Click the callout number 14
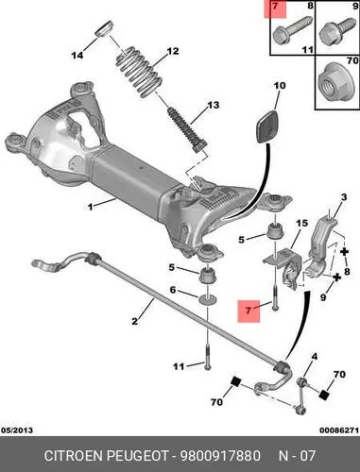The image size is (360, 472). point(77,56)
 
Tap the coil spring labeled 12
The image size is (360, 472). point(138,72)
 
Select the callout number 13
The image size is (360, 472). point(213,105)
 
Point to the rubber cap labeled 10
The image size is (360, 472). point(268,126)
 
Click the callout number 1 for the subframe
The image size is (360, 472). point(91,207)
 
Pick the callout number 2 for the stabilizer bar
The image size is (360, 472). point(135,321)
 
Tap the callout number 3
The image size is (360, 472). point(344,197)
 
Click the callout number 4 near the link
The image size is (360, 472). point(314,357)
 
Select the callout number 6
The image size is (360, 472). point(173,289)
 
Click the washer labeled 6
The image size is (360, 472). point(207,299)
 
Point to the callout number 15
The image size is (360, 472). point(301,223)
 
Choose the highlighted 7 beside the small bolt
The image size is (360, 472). point(249,311)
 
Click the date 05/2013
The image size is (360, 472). point(17,430)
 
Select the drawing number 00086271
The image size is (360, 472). point(339,430)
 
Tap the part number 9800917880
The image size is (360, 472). point(220,456)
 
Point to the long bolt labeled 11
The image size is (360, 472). point(208,357)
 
